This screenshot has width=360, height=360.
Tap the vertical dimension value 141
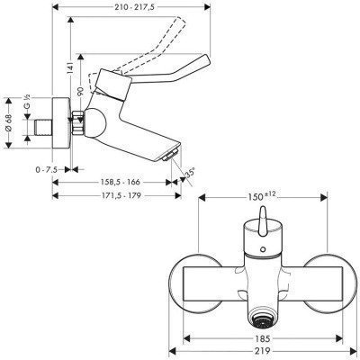(x=70, y=67)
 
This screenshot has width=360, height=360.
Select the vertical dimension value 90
(x=80, y=91)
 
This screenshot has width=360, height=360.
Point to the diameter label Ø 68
(x=9, y=123)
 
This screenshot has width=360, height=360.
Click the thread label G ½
(x=27, y=102)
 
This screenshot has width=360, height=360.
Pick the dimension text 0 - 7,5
(x=47, y=170)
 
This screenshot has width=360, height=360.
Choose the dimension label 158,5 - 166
(x=120, y=182)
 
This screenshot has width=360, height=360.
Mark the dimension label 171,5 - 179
(x=120, y=195)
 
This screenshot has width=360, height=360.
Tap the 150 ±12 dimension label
(x=262, y=196)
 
